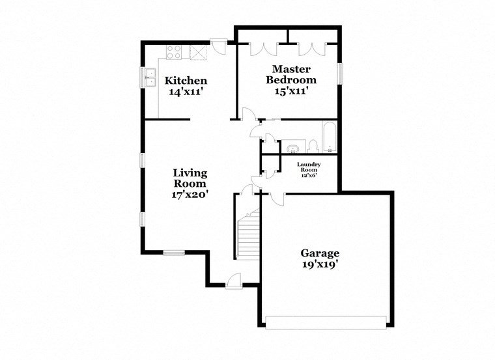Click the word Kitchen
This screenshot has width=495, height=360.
pyautogui.click(x=186, y=81)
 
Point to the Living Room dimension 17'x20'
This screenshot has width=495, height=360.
pyautogui.click(x=190, y=193)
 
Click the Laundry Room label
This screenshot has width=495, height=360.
pyautogui.click(x=308, y=168)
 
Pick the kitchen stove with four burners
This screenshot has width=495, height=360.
pyautogui.click(x=175, y=52)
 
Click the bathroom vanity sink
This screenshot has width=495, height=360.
pyautogui.click(x=293, y=147)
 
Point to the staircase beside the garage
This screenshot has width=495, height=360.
pyautogui.click(x=248, y=237)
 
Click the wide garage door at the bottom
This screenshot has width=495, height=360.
pyautogui.click(x=326, y=322)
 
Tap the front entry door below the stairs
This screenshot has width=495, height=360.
pyautogui.click(x=233, y=279)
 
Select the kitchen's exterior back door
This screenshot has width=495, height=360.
pyautogui.click(x=219, y=47)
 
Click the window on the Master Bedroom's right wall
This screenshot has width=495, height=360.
pyautogui.click(x=339, y=73)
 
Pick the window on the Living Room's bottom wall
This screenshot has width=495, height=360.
pyautogui.click(x=174, y=253)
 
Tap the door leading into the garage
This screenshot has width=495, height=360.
pyautogui.click(x=274, y=197)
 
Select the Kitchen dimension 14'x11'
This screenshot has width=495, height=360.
pyautogui.click(x=186, y=92)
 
